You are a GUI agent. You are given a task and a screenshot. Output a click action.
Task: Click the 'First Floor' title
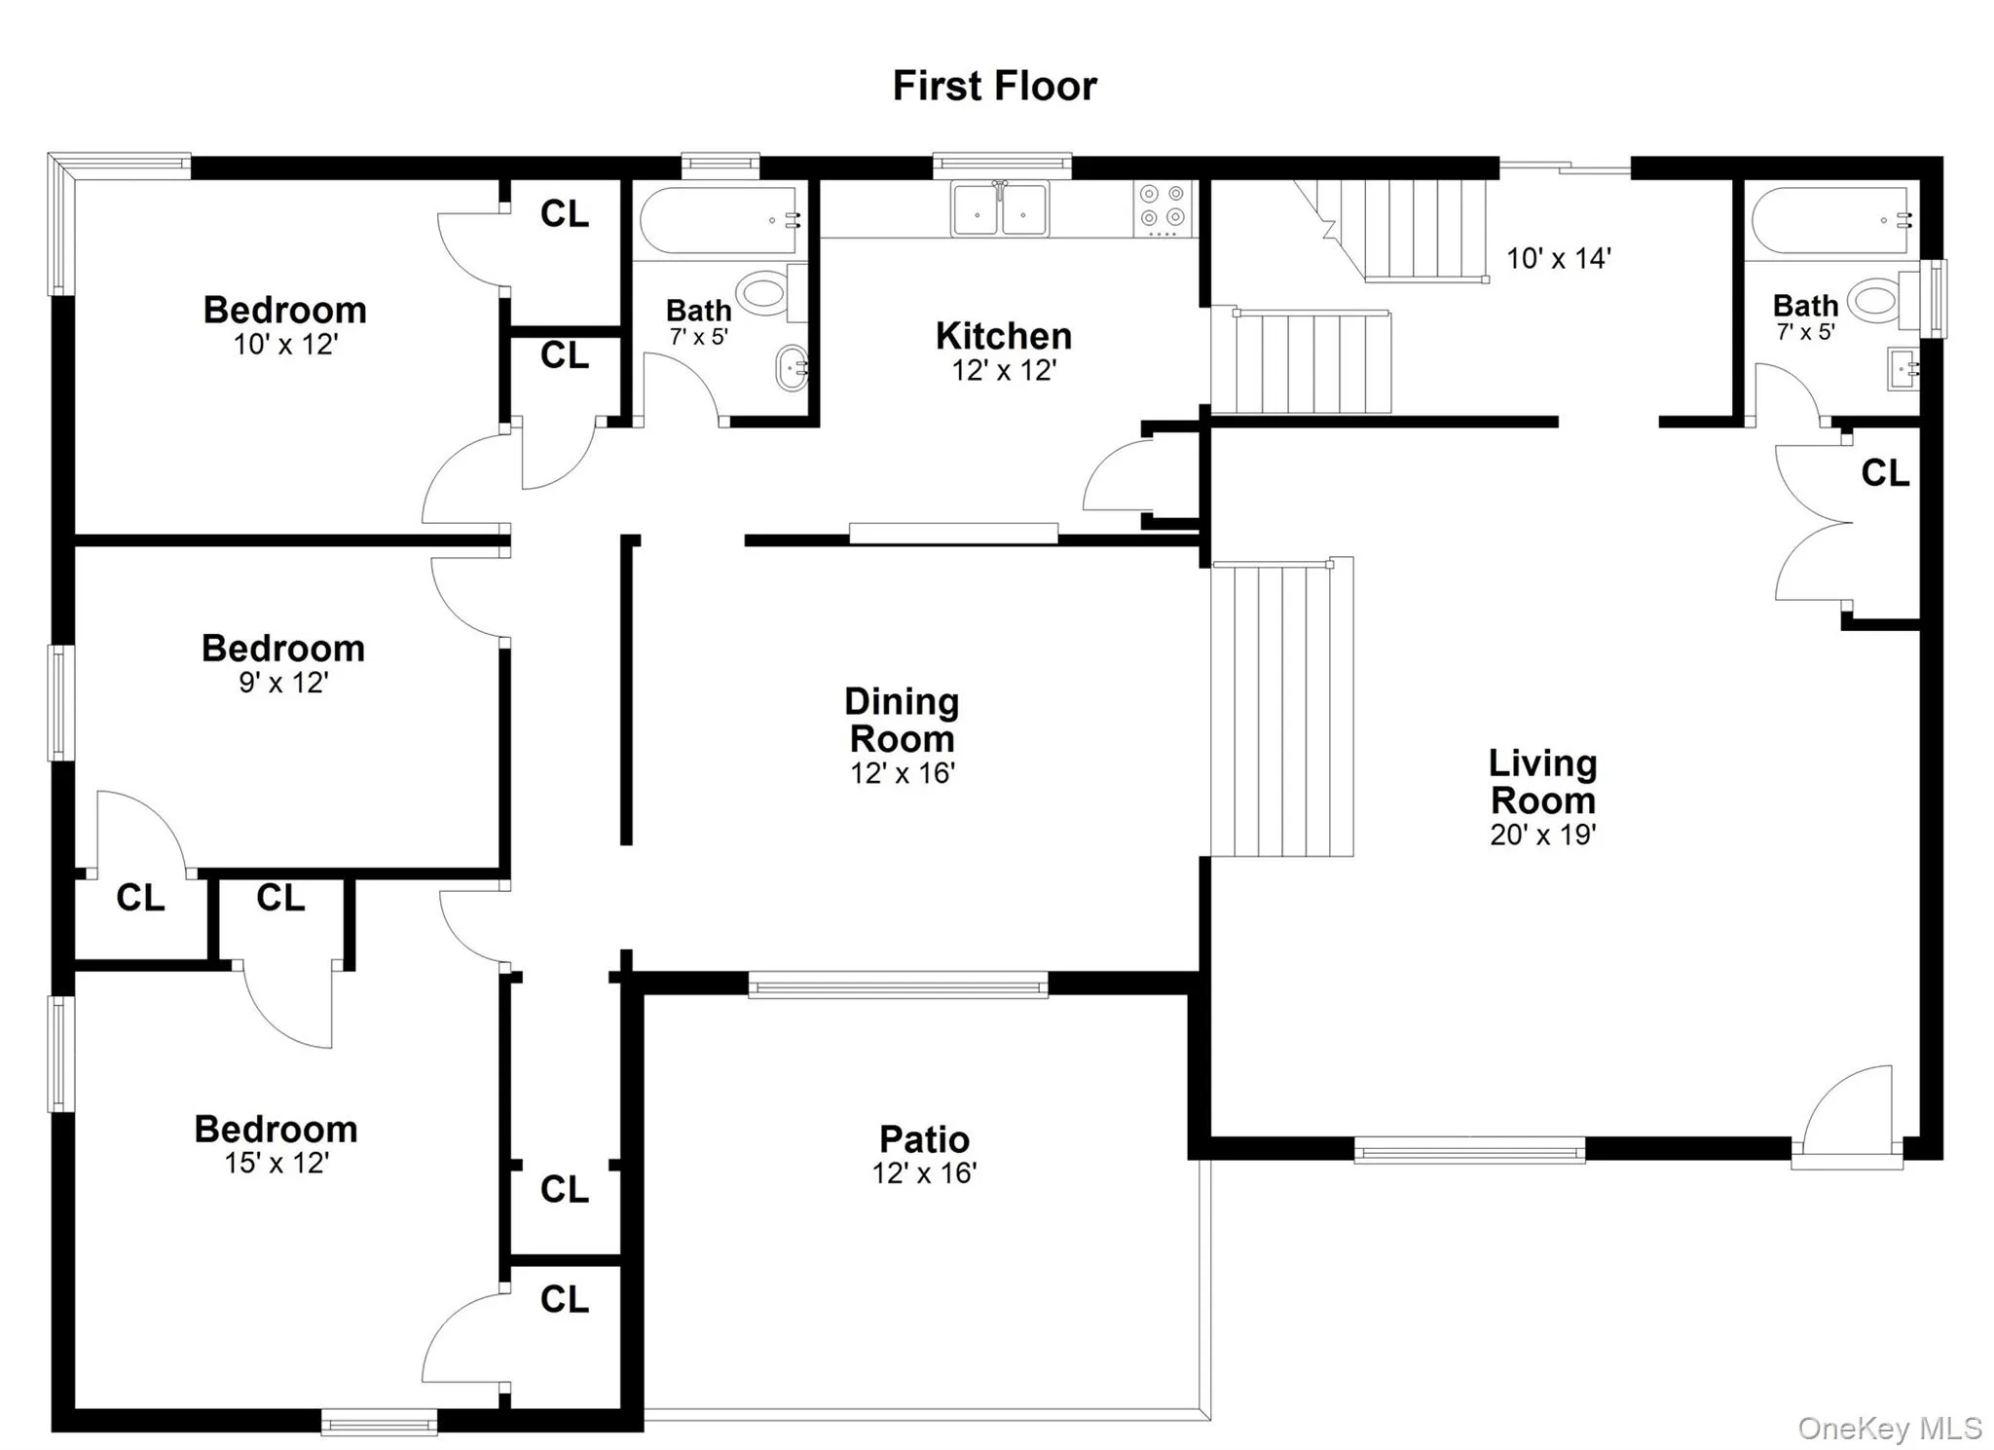994,86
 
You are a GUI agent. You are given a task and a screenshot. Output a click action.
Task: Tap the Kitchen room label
1004,336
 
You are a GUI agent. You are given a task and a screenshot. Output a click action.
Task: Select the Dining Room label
902,720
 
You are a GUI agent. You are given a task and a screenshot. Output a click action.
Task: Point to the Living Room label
1543,782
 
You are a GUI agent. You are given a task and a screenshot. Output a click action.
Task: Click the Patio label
924,1138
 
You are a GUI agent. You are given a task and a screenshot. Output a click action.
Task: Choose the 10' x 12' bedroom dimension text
285,345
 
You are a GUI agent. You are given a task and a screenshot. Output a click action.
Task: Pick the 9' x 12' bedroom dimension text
283,683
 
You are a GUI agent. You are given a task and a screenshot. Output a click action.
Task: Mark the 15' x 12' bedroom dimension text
277,1163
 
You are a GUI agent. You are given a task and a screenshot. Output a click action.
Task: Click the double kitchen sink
1000,208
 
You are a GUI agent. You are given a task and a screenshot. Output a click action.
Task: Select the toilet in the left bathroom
763,293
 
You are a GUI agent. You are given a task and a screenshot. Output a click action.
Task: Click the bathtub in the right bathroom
1830,221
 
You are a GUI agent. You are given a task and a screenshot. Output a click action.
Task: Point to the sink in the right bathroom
1902,368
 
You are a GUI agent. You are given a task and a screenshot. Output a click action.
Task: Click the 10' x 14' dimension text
1559,258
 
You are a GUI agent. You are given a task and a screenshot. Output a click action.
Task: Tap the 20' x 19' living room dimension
1543,835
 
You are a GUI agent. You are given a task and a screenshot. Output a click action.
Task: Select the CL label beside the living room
1885,473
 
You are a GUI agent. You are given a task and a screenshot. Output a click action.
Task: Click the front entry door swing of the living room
1850,1110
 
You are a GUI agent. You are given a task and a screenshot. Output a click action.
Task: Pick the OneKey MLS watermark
1889,1428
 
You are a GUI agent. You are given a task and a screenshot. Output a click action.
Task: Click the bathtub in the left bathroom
720,221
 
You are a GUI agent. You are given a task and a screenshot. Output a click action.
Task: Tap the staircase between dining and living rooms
1281,709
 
